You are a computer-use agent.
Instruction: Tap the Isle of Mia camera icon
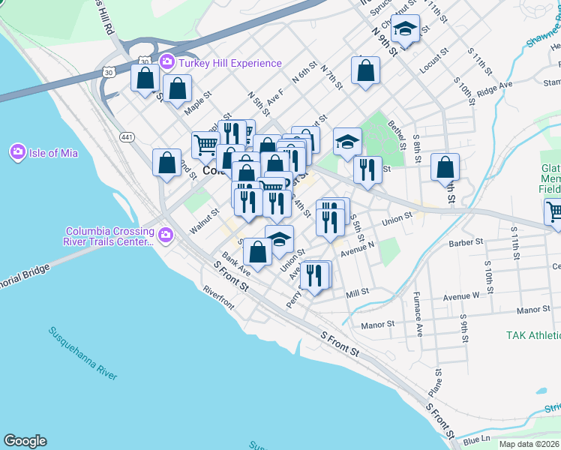pyautogui.click(x=17, y=153)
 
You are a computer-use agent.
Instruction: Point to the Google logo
pyautogui.click(x=25, y=441)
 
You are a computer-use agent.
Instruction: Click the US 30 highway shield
pyautogui.click(x=109, y=72)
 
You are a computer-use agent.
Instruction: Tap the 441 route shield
pyautogui.click(x=127, y=136)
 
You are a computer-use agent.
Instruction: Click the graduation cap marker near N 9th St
pyautogui.click(x=405, y=30)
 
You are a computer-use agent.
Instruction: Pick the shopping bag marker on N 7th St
pyautogui.click(x=365, y=72)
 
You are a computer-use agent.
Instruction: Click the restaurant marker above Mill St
pyautogui.click(x=314, y=275)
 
